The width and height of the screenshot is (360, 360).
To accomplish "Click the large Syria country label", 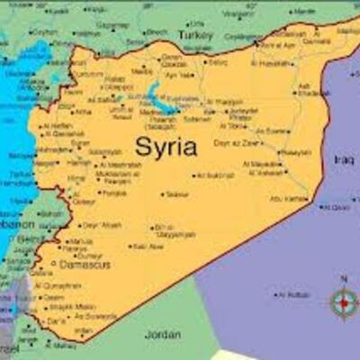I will tap(166, 147).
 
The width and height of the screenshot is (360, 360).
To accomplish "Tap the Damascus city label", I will tap(85, 265).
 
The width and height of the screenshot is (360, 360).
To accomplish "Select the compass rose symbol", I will tap(343, 303).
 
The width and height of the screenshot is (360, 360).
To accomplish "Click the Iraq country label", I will tap(344, 159).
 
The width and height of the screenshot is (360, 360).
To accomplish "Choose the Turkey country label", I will tap(193, 33).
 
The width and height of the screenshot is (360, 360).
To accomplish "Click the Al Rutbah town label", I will tap(297, 294).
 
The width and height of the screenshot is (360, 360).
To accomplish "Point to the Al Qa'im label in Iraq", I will tap(338, 207).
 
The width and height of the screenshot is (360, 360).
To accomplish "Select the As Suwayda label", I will tap(95, 317).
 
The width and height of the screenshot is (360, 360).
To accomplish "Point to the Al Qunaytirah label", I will tap(60, 285).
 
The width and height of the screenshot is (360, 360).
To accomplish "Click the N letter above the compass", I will tap(343, 279).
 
